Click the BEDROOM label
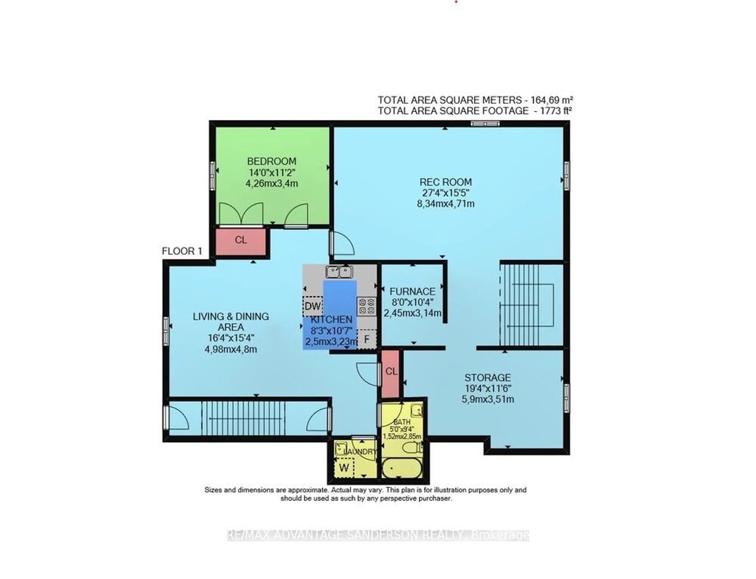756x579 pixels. click(271, 161)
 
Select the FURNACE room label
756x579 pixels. click(412, 292)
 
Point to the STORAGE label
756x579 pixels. click(487, 377)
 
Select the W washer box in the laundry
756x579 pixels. click(344, 468)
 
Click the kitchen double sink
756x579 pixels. click(339, 272)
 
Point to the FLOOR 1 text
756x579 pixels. click(182, 251)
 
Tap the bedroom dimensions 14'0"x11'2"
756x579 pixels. click(271, 172)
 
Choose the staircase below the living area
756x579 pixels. click(243, 418)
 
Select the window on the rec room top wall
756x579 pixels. click(485, 123)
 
